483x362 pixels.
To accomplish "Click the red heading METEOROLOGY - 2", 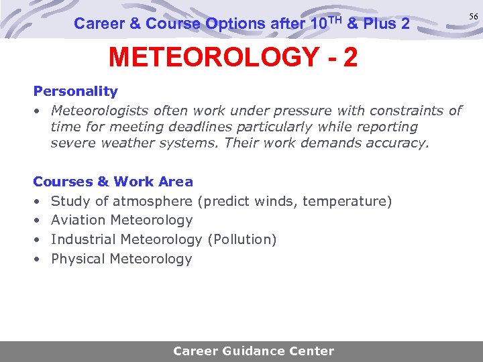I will [x=233, y=58].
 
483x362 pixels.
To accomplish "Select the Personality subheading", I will [x=75, y=91].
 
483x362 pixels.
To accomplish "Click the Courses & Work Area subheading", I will [x=113, y=182].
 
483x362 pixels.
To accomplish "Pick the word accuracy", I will [x=397, y=143].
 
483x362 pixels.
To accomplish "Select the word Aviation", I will [x=78, y=220].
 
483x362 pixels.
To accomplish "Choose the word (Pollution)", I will [x=242, y=239].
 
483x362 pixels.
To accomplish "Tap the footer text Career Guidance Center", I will [x=253, y=351].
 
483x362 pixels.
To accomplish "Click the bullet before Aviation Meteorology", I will [x=37, y=221].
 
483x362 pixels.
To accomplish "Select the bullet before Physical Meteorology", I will [x=37, y=259].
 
